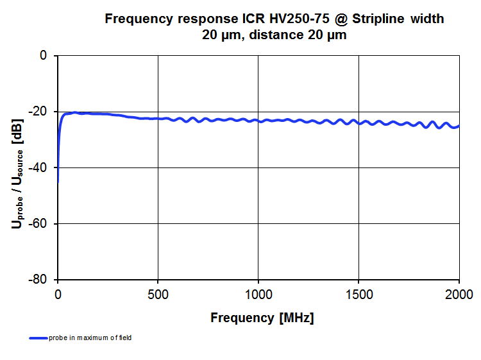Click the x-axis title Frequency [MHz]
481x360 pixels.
[262, 318]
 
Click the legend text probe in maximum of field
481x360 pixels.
[90, 338]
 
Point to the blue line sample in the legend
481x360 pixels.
[38, 338]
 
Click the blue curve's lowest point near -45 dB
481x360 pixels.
[58, 182]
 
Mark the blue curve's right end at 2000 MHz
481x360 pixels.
[459, 126]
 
